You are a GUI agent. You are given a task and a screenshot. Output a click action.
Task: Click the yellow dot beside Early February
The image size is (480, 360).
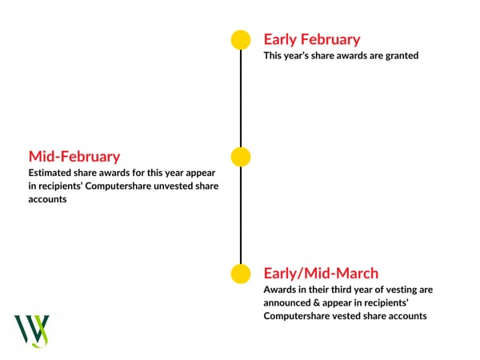pos(241,40)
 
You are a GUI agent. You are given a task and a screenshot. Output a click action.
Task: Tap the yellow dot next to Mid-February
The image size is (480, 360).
pos(241,157)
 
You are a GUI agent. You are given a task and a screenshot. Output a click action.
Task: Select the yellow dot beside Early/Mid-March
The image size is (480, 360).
pos(241,274)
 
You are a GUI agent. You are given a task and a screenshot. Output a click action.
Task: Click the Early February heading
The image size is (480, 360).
pos(312,40)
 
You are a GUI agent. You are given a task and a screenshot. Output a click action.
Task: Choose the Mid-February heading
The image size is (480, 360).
pos(74,157)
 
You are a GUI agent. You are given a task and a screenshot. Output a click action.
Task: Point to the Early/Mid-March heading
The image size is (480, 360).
pos(321,273)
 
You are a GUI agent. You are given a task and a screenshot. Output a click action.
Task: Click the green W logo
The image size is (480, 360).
pos(32,331)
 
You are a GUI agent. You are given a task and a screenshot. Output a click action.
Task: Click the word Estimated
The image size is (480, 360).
pos(50,173)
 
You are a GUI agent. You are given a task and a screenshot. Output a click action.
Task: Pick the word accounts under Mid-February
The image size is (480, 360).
pos(47,199)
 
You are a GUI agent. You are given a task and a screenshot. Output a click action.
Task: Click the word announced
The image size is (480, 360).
pos(287,302)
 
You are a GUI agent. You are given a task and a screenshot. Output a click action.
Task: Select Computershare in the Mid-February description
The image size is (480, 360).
pos(118,186)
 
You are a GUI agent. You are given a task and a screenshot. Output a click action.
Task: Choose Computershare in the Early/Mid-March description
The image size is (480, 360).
pos(297,316)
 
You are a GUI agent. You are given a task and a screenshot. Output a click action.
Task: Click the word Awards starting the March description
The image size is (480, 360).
pos(280,290)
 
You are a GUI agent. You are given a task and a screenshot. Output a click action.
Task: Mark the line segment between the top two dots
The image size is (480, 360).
pos(241,98)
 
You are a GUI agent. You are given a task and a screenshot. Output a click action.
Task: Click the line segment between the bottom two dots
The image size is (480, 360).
pos(241,215)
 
